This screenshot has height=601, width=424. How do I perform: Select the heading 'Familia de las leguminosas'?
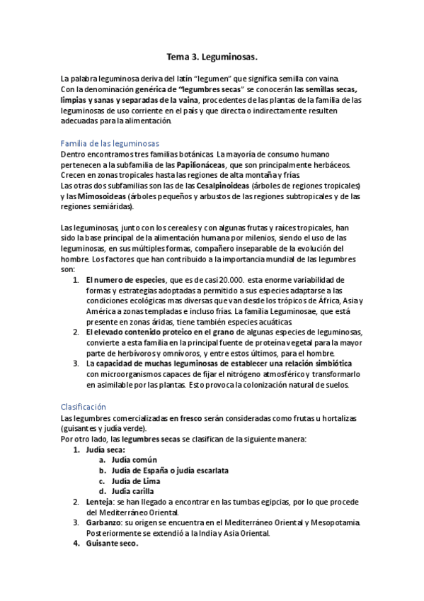point(110,143)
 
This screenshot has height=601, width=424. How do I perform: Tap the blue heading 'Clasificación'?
point(84,407)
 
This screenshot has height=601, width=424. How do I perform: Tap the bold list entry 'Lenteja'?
point(102,502)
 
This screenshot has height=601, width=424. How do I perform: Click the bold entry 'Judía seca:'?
point(105,449)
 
